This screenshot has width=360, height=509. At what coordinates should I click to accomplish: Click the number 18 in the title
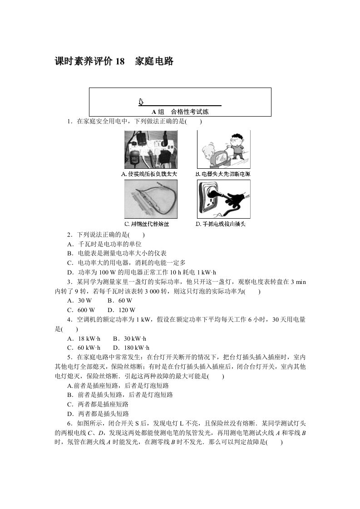pyautogui.click(x=119, y=62)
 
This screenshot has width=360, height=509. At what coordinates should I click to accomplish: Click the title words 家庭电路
pyautogui.click(x=154, y=62)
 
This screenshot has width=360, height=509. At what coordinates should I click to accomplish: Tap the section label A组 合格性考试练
pyautogui.click(x=180, y=112)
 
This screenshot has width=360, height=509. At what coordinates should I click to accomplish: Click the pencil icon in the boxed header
pyautogui.click(x=141, y=102)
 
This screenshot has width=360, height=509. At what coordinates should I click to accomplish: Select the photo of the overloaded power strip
pyautogui.click(x=151, y=149)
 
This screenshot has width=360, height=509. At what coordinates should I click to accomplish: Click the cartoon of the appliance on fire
pyautogui.click(x=223, y=149)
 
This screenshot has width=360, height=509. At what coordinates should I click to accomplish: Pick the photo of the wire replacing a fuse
pyautogui.click(x=151, y=199)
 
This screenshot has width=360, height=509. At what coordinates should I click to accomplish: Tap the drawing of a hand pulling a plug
pyautogui.click(x=223, y=199)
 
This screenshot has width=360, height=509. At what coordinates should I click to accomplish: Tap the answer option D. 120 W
pyautogui.click(x=123, y=310)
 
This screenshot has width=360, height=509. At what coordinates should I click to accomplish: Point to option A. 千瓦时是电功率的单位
pyautogui.click(x=104, y=244)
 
